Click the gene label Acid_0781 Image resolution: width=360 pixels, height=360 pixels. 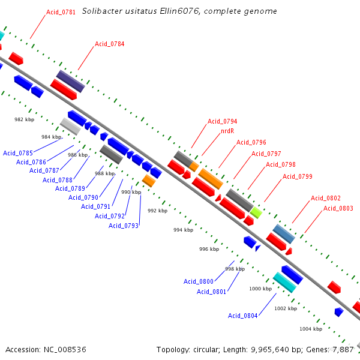pyautogui.click(x=61, y=12)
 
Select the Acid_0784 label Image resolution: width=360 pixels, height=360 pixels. pyautogui.click(x=110, y=44)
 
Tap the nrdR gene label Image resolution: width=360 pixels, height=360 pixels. pyautogui.click(x=227, y=131)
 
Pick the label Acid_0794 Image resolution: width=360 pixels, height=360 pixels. pyautogui.click(x=223, y=121)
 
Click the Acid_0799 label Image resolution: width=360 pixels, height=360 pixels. pyautogui.click(x=298, y=176)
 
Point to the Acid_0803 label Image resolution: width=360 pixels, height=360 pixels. pyautogui.click(x=338, y=208)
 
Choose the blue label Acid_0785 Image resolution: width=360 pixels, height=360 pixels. pyautogui.click(x=18, y=153)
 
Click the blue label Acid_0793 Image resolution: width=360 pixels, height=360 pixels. pyautogui.click(x=124, y=226)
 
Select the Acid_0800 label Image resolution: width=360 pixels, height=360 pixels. pyautogui.click(x=199, y=281)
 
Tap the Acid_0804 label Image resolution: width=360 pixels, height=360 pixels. pyautogui.click(x=243, y=316)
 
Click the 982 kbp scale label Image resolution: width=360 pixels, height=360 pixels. pyautogui.click(x=25, y=119)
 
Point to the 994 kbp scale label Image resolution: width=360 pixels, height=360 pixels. pyautogui.click(x=184, y=230)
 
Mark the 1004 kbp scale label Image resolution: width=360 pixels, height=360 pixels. pyautogui.click(x=310, y=329)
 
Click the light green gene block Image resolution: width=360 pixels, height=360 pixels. pyautogui.click(x=256, y=212)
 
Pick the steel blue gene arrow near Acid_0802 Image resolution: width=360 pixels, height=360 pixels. pyautogui.click(x=284, y=234)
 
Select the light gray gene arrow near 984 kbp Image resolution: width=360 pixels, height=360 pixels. pyautogui.click(x=71, y=127)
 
